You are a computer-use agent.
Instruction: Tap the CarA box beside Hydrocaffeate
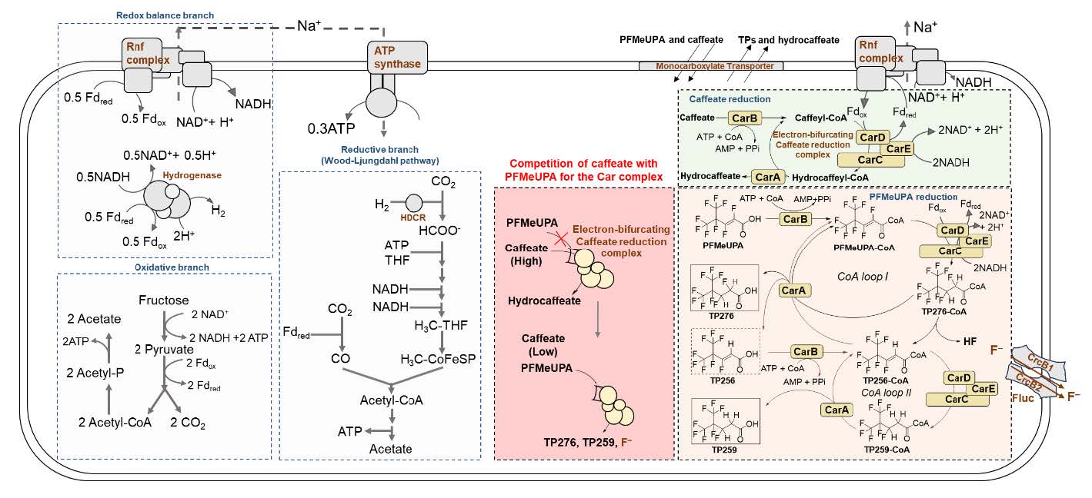[x=768, y=176]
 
